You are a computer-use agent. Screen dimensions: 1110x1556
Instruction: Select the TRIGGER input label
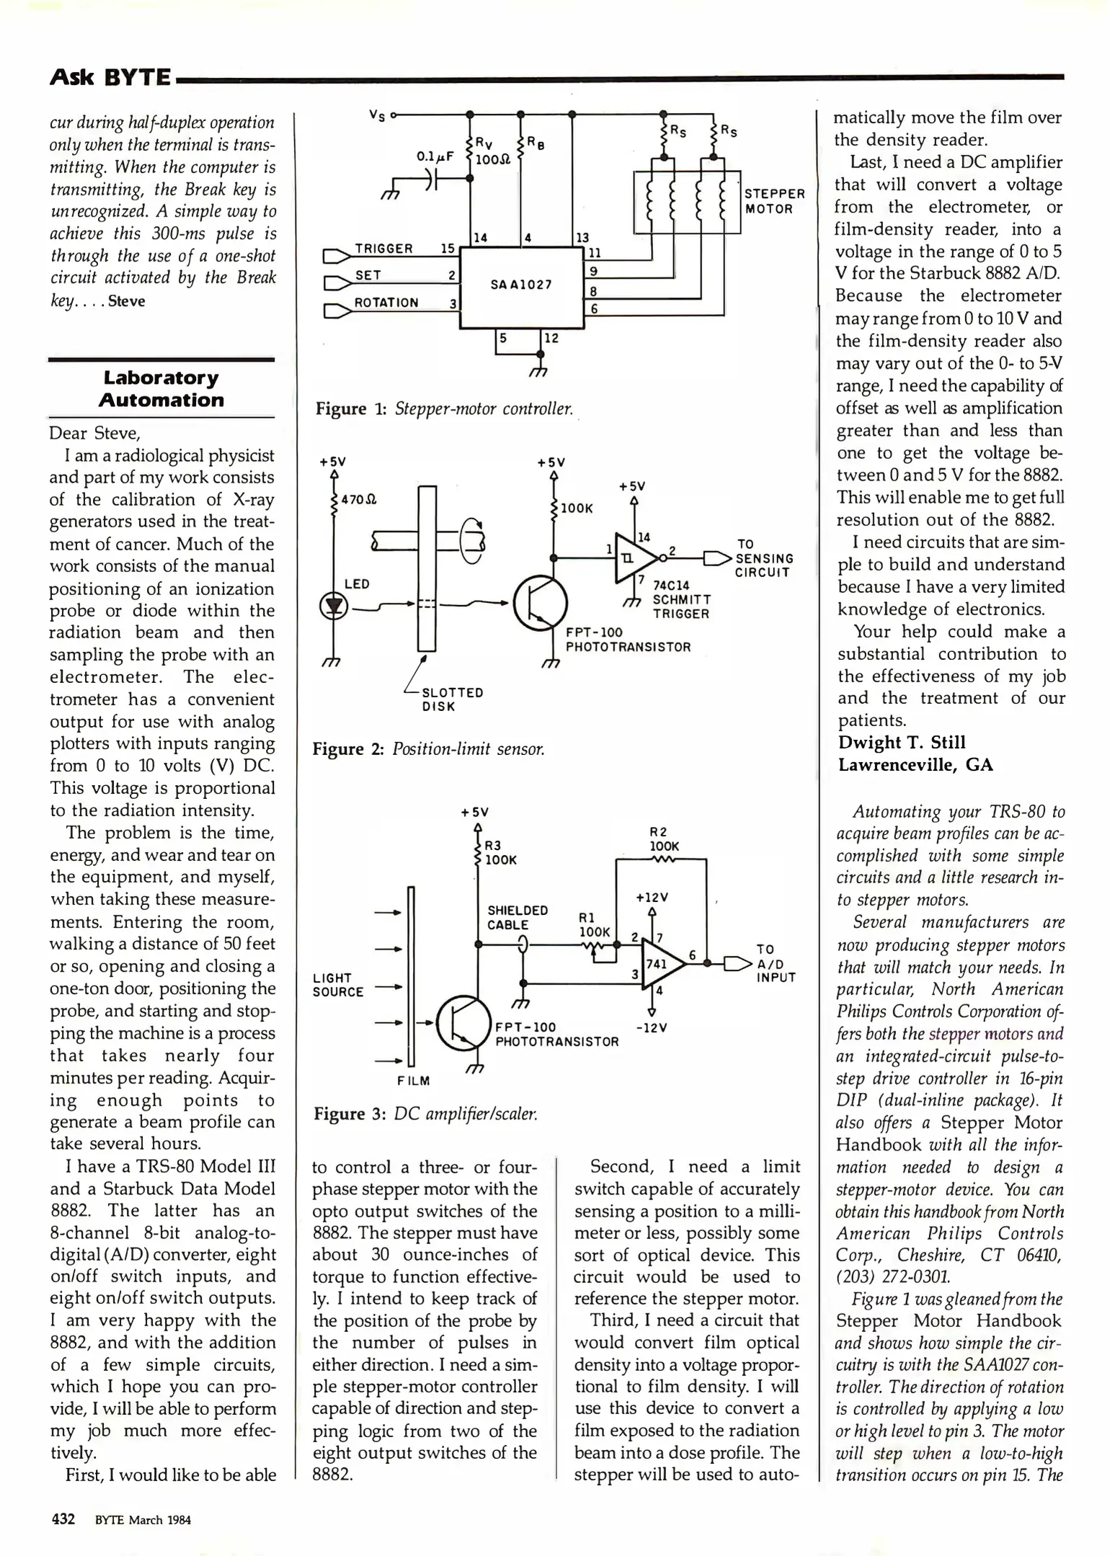383,249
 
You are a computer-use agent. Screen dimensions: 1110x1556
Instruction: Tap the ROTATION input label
386,303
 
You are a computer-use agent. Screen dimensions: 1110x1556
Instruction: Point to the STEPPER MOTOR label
774,201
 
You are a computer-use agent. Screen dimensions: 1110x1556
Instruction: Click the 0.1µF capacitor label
435,156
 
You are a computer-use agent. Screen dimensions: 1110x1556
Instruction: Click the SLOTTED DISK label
452,699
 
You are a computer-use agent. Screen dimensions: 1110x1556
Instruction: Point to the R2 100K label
664,839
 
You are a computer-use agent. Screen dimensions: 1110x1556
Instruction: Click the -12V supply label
652,1027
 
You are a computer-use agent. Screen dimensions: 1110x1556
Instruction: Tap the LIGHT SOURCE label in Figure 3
337,985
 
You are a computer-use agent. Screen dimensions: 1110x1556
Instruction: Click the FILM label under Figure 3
414,1081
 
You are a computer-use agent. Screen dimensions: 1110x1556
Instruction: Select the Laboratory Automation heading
161,389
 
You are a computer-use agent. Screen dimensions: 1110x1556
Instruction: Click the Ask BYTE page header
110,76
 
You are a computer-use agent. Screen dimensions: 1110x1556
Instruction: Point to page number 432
63,1519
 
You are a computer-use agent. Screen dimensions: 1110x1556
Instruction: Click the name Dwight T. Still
902,742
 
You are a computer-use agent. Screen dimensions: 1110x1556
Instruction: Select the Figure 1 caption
444,409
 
